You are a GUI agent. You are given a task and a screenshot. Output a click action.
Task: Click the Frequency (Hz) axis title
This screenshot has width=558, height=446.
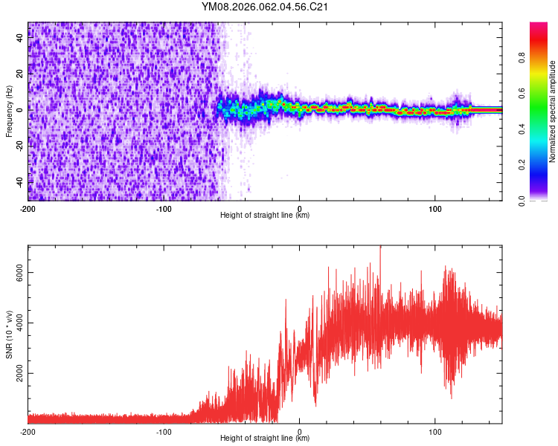tap(9, 111)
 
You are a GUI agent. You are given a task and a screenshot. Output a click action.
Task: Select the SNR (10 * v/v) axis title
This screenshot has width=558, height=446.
tap(9, 334)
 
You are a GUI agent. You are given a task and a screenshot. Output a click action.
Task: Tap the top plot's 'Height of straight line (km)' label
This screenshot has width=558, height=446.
tap(265, 216)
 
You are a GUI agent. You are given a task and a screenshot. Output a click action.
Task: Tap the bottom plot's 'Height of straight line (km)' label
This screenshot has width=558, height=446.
tap(265, 439)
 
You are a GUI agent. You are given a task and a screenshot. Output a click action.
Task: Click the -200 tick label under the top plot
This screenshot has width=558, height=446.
tap(28, 207)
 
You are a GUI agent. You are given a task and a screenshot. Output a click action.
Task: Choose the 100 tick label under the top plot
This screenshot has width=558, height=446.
tap(434, 207)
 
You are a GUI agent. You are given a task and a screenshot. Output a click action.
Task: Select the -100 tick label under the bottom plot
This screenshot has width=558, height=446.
tap(164, 431)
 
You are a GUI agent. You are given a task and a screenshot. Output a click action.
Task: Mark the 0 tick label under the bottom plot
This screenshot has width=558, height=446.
tap(299, 431)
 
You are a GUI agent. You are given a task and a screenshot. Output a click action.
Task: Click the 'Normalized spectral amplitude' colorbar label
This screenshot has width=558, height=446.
tap(553, 111)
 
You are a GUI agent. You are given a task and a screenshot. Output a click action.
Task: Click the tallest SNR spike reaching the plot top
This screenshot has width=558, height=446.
tap(380, 248)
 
